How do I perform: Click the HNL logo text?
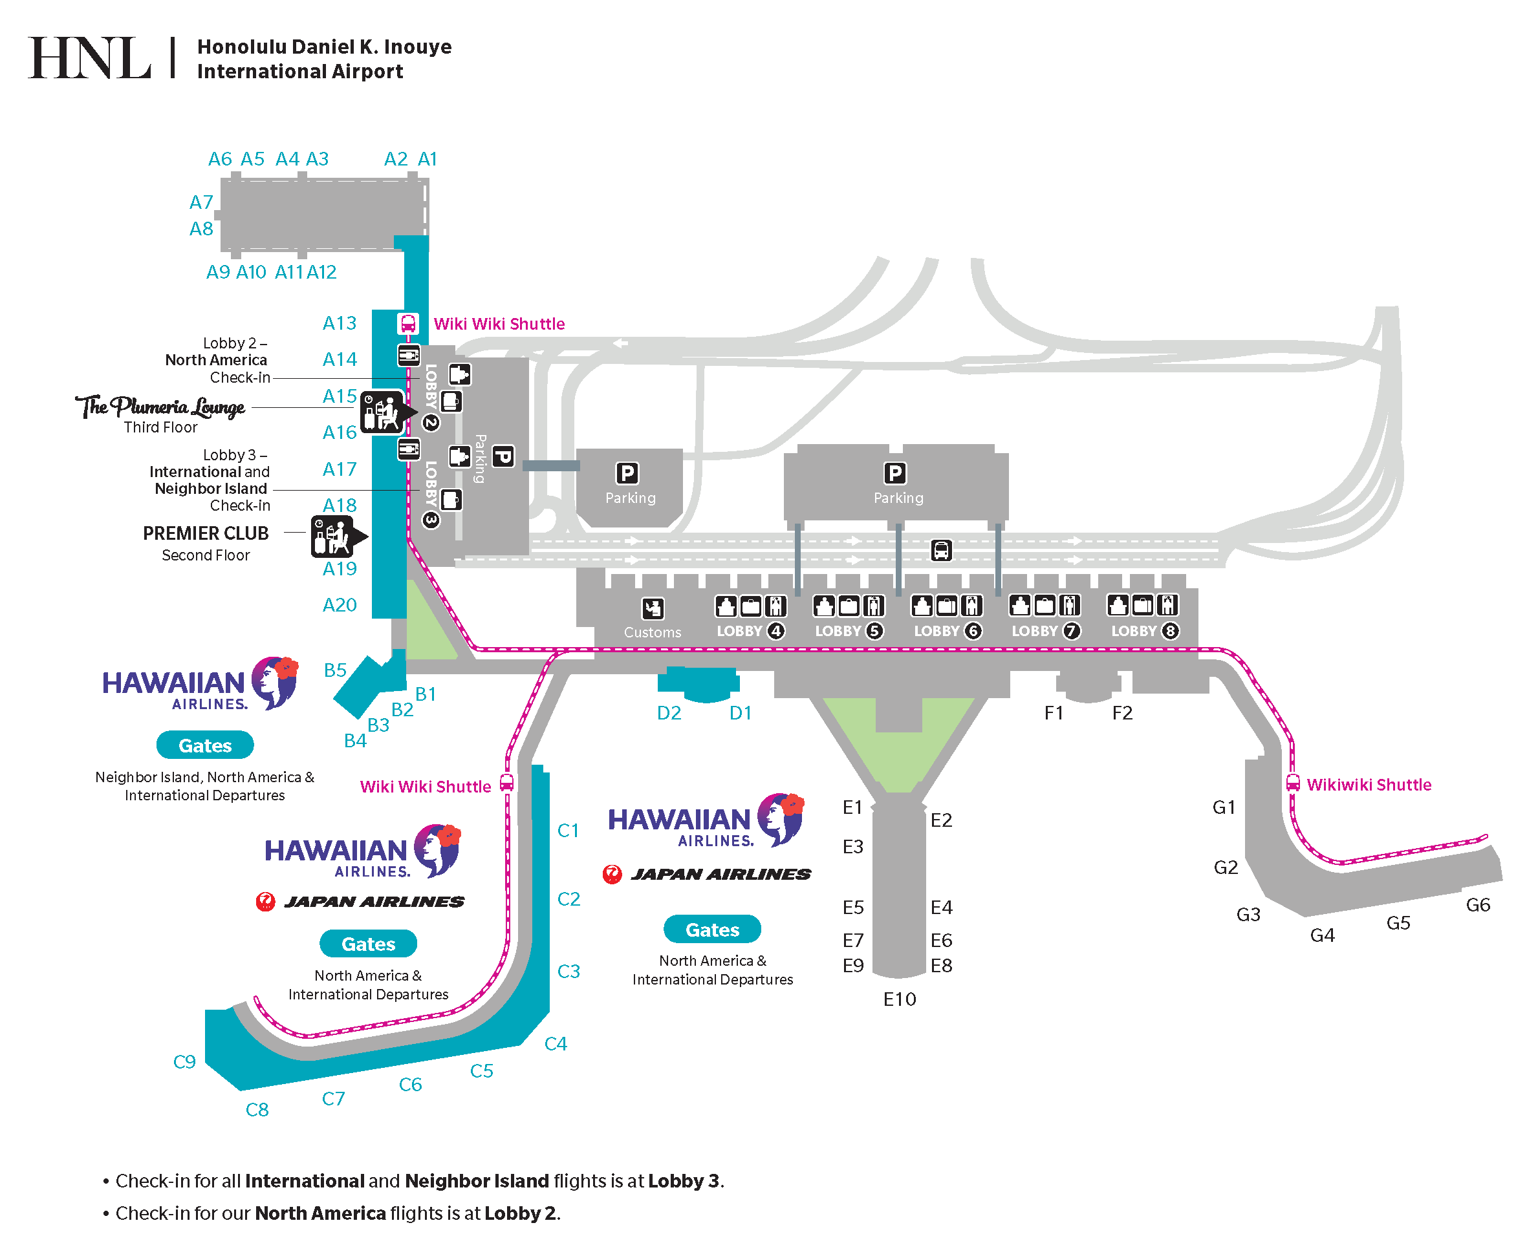pos(90,58)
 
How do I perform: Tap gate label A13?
pos(340,323)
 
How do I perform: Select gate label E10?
pos(900,999)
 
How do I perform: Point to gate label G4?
pos(1323,935)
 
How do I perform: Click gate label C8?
pos(257,1110)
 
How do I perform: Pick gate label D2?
pos(669,714)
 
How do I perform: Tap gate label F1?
pos(1054,714)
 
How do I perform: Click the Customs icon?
pos(653,608)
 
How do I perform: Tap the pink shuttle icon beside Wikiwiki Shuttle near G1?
pos(1293,783)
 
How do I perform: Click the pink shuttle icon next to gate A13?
pos(408,323)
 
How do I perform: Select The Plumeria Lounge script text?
pos(160,407)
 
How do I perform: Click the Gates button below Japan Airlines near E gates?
pos(712,930)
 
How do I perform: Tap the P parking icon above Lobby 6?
pos(895,473)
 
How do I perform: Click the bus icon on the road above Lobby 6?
pos(941,551)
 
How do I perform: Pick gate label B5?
pos(335,670)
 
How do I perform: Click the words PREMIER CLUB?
pos(206,533)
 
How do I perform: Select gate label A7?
pos(201,202)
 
